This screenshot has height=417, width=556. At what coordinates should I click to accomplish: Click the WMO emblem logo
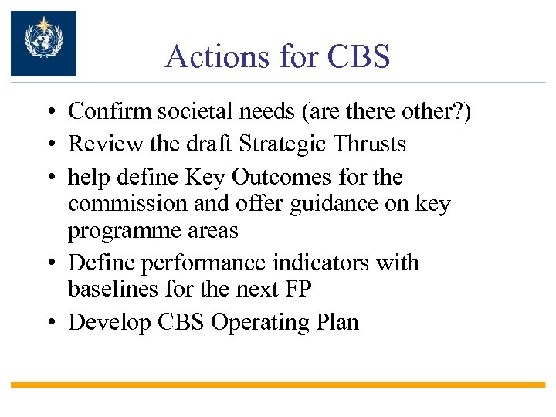(x=43, y=43)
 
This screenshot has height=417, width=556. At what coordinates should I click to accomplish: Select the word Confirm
(x=110, y=112)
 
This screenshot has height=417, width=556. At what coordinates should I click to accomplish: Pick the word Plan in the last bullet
(x=337, y=322)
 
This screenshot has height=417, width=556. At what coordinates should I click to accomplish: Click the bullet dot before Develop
(x=49, y=323)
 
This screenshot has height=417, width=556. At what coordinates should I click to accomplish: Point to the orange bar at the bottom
(x=278, y=384)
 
